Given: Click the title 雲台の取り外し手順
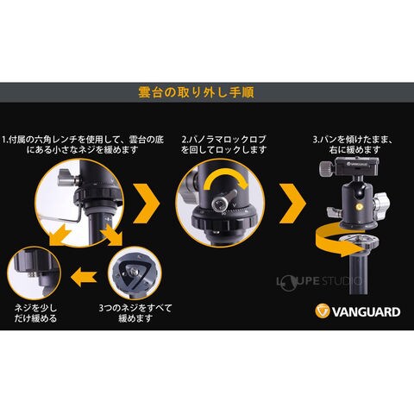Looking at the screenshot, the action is [x=196, y=92].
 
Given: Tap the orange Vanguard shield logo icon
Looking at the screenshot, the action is [x=322, y=311].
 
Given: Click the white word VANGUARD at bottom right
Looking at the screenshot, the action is [x=366, y=312].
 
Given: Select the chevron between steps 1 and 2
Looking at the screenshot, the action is [x=147, y=204].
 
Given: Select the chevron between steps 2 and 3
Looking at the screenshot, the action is [x=292, y=204].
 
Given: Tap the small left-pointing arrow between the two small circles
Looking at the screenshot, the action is [x=84, y=277].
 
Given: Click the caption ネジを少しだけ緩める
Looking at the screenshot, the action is [x=35, y=313].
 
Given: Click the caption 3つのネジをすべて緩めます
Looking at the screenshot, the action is [x=135, y=313].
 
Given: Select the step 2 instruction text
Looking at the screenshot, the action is [x=223, y=145].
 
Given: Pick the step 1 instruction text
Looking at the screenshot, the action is [x=83, y=145].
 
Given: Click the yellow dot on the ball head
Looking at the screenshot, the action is [x=359, y=206].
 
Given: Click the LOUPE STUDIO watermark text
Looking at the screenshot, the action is [x=319, y=281].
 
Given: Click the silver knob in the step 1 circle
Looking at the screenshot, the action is [x=67, y=178].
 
